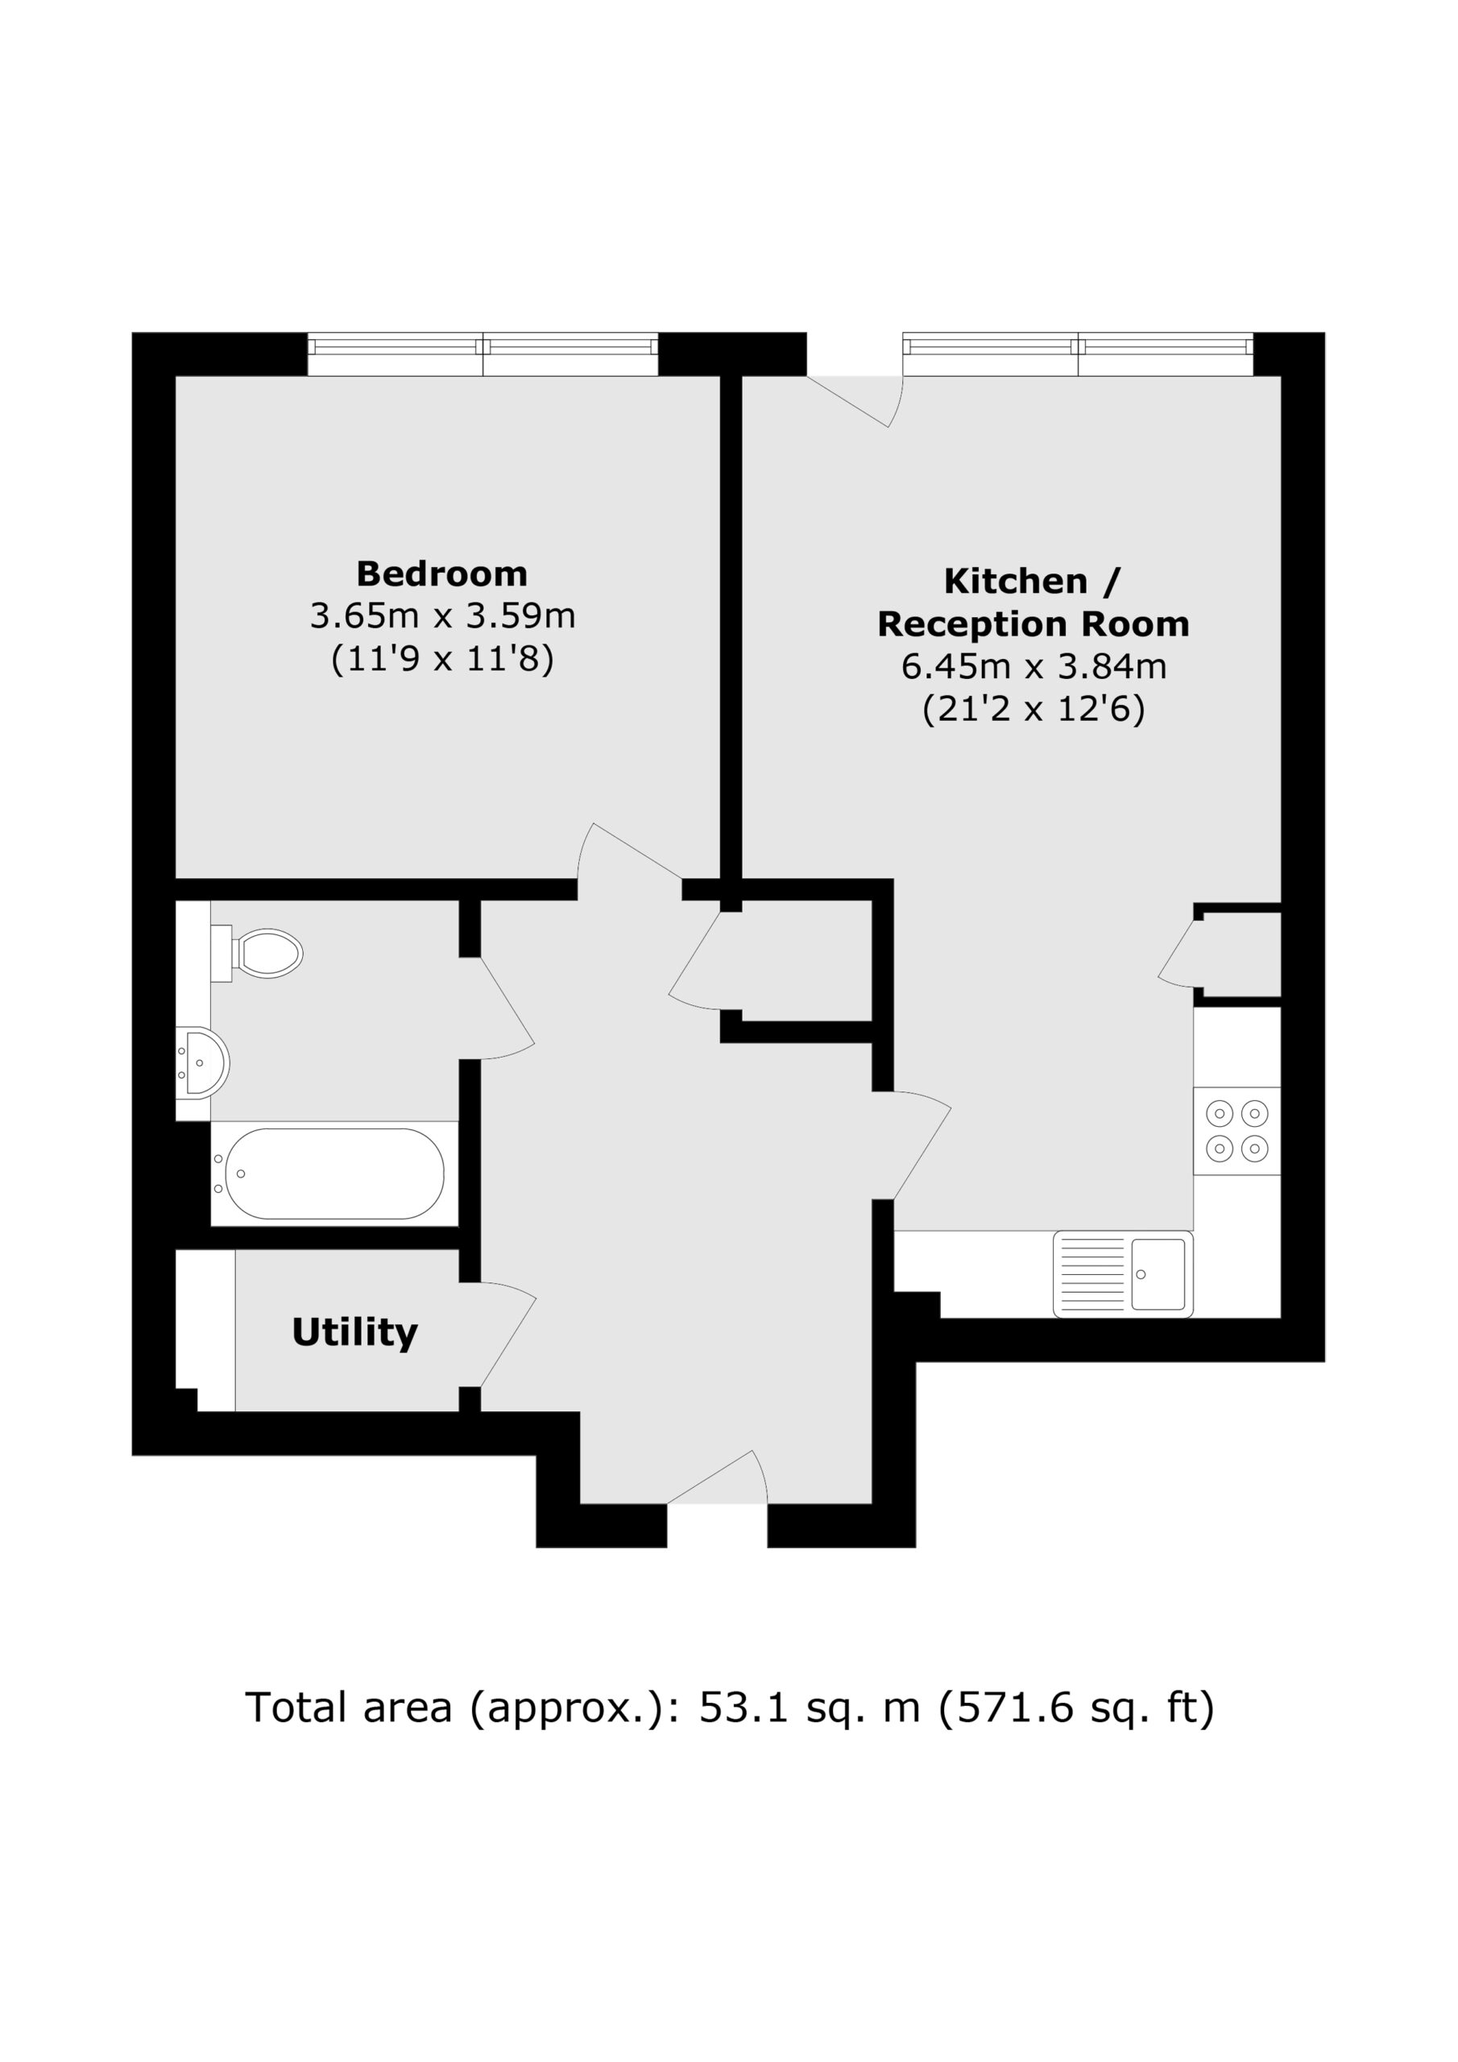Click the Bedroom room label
point(442,573)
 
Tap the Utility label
point(355,1333)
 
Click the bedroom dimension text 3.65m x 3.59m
point(442,616)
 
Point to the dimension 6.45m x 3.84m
point(1033,666)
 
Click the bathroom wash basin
point(203,1063)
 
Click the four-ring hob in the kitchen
point(1236,1131)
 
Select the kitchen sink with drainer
point(1123,1273)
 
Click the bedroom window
point(483,354)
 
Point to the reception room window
point(1078,354)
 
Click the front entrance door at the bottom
point(717,1478)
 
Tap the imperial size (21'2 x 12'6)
point(1033,710)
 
